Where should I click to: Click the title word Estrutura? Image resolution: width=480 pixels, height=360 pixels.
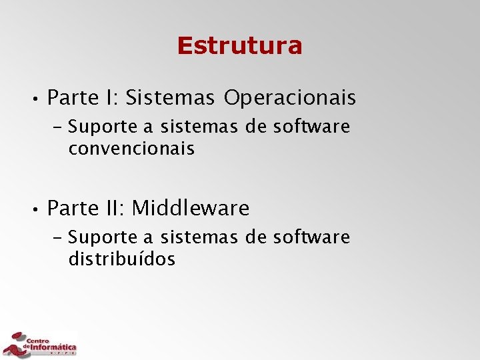coord(239,46)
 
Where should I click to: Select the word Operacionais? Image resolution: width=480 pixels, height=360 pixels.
coord(290,99)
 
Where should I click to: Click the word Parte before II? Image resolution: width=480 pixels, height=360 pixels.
coord(72,209)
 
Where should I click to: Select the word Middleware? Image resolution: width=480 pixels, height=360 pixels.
coord(191,209)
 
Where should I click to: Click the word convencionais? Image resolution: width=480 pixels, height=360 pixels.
coord(131,149)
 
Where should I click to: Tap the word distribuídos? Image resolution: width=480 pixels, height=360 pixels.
coord(122,259)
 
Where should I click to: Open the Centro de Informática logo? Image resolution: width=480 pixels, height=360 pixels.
coord(40,343)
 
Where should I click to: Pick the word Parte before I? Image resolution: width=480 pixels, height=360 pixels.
coord(72,99)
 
